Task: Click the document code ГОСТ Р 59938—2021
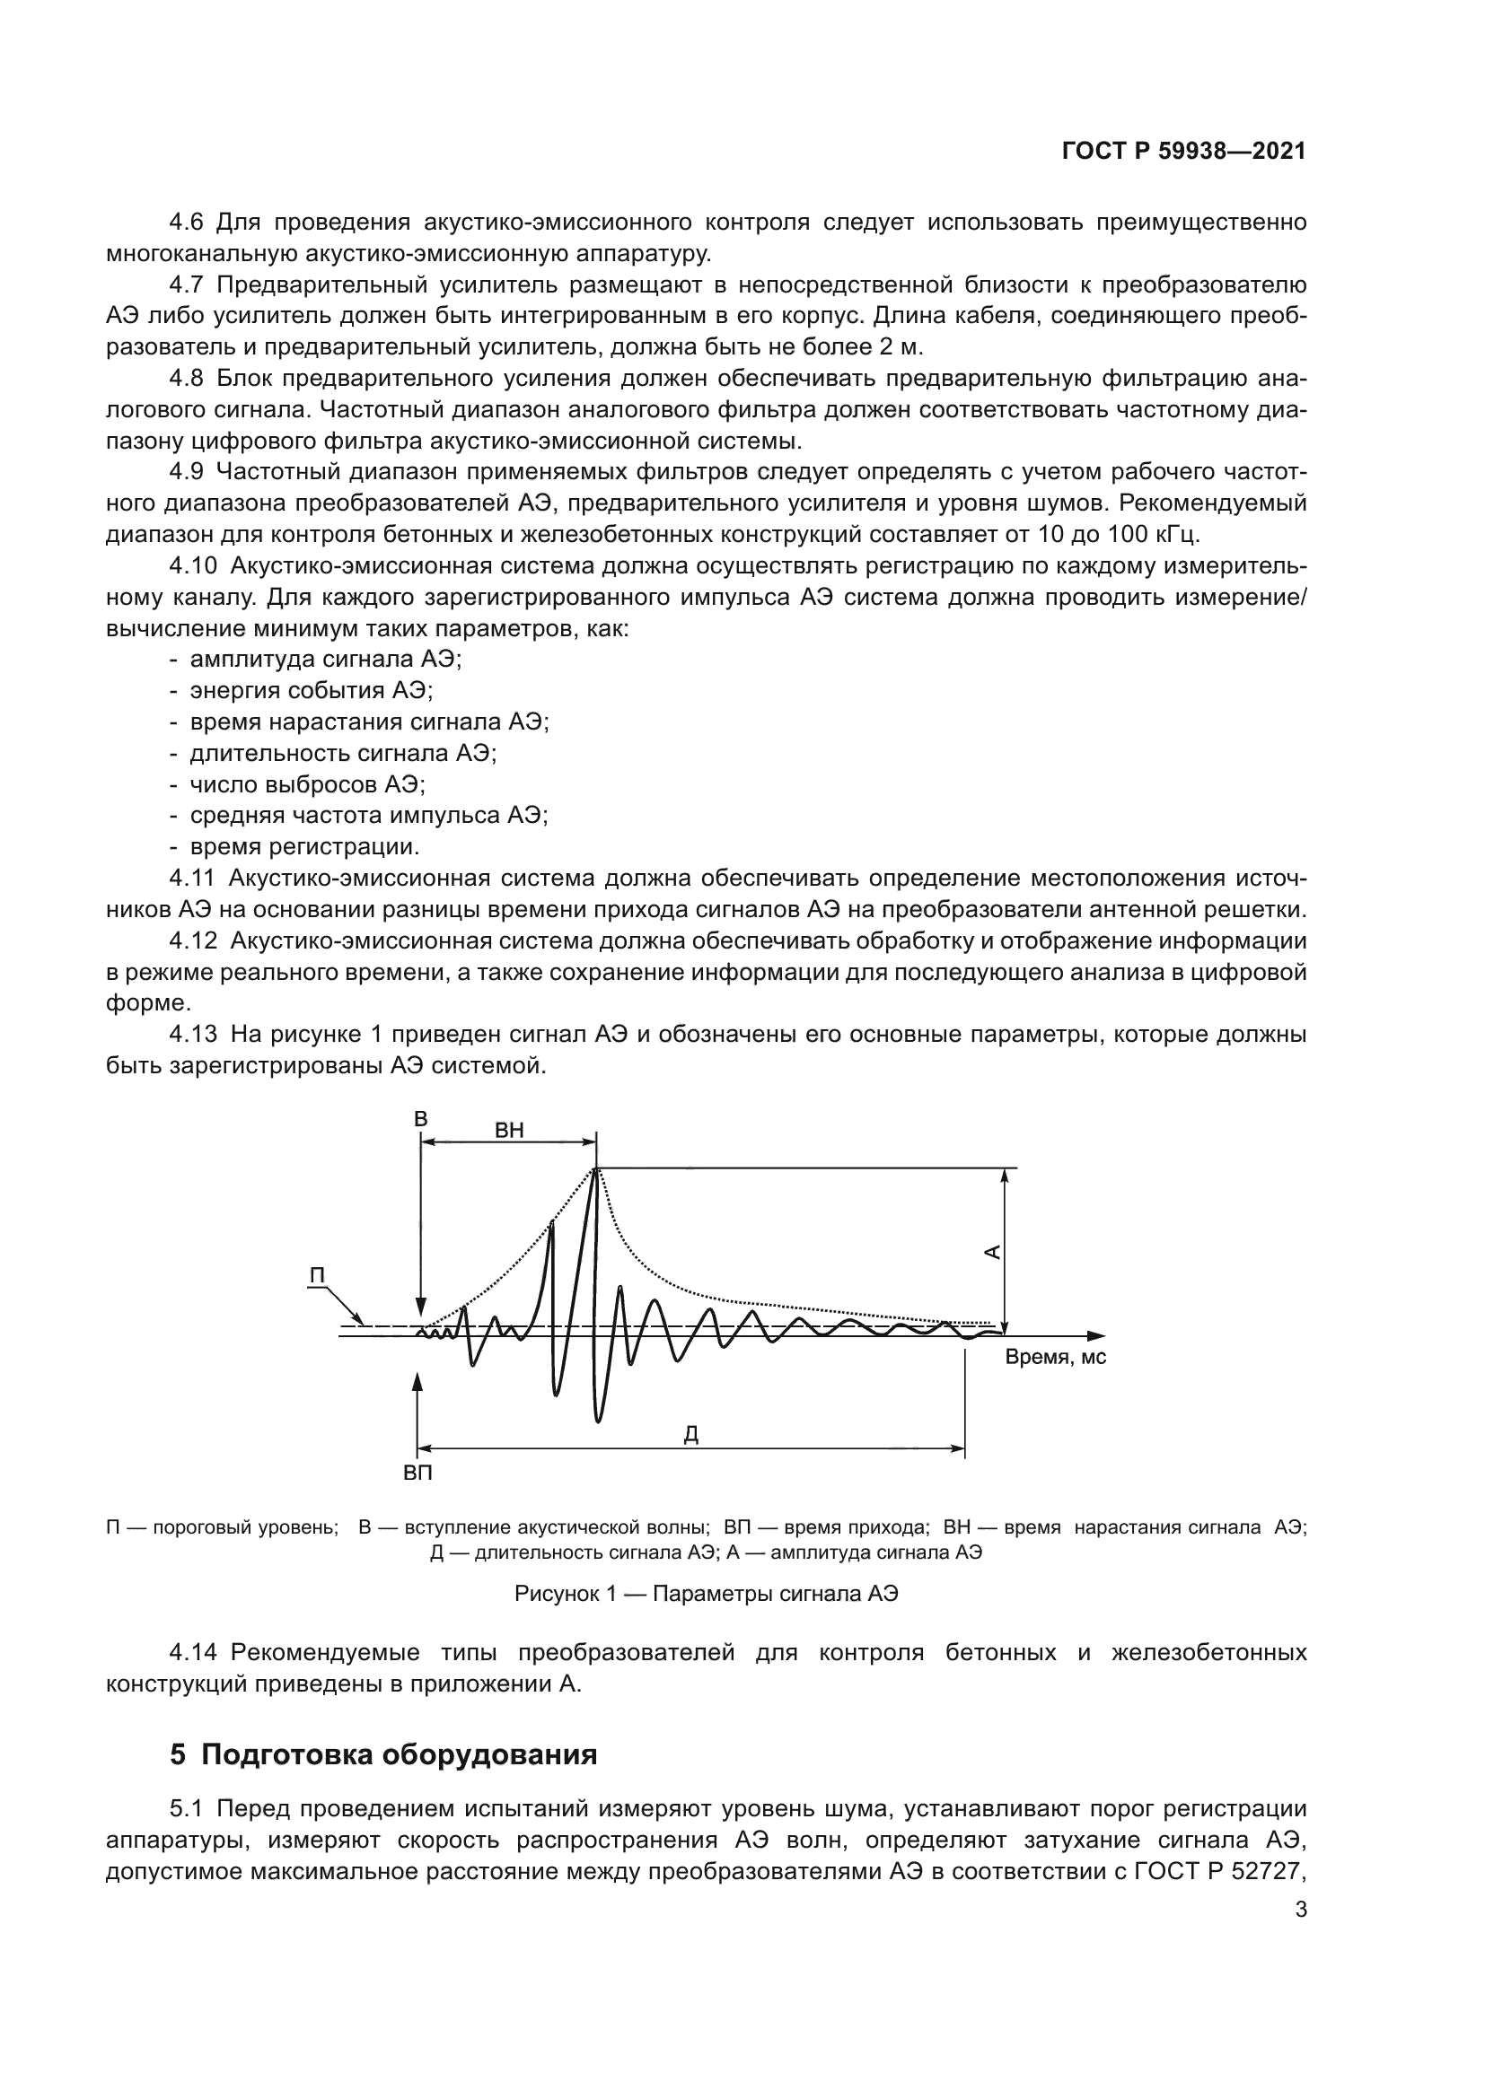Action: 1183,152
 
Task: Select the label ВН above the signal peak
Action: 509,1130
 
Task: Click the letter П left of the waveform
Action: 317,1275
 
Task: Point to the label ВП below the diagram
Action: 417,1473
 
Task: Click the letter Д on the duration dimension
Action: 691,1434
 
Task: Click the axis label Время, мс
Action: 1055,1357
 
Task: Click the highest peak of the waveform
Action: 596,1169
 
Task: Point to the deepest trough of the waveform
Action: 598,1421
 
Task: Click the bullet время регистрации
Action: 304,846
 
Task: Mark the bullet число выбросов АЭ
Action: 307,784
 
